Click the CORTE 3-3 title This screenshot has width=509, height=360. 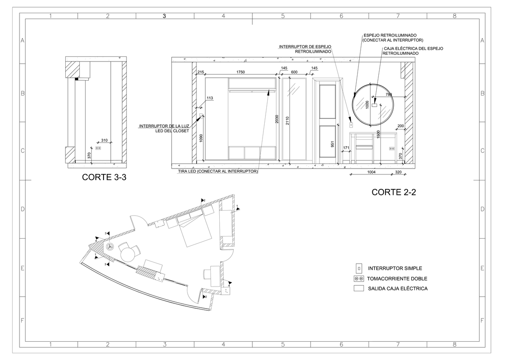pyautogui.click(x=104, y=178)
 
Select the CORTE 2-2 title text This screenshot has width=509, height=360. pyautogui.click(x=394, y=192)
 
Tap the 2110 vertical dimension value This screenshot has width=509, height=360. pyautogui.click(x=287, y=121)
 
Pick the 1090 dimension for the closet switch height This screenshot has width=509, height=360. pyautogui.click(x=201, y=138)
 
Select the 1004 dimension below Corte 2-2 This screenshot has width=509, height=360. pyautogui.click(x=372, y=172)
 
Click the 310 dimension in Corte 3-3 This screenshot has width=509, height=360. pyautogui.click(x=104, y=140)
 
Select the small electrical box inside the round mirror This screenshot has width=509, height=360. pyautogui.click(x=375, y=104)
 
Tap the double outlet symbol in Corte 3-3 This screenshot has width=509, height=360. pyautogui.click(x=98, y=148)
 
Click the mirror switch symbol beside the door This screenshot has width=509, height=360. pyautogui.click(x=351, y=125)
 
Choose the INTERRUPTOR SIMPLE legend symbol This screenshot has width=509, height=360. pyautogui.click(x=359, y=268)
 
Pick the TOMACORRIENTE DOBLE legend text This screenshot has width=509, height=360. pyautogui.click(x=397, y=278)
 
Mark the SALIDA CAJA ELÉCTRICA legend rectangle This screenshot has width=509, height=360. pyautogui.click(x=359, y=288)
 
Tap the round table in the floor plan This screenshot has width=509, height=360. pyautogui.click(x=128, y=254)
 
